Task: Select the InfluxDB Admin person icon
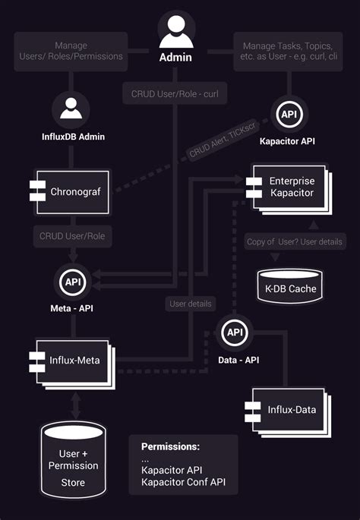coord(71,110)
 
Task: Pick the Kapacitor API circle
coord(289,114)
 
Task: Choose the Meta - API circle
coord(72,282)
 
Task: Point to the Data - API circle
coord(235,332)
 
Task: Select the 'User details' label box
coord(190,303)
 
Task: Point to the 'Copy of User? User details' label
coord(295,241)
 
